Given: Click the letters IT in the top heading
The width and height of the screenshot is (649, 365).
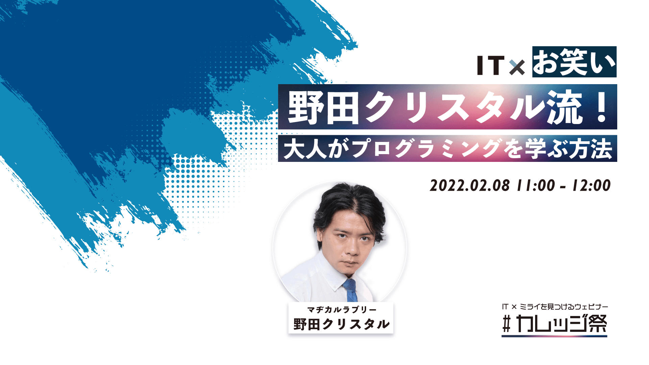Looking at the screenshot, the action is tap(490, 65).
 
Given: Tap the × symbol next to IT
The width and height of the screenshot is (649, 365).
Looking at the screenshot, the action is tap(517, 67).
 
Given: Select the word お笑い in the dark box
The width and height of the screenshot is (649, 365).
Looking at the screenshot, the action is tap(574, 62).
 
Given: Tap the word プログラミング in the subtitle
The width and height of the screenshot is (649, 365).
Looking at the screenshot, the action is tap(426, 148).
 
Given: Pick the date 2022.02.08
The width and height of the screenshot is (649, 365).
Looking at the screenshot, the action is tap(470, 186).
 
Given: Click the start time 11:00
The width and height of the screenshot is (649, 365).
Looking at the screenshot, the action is tap(536, 186).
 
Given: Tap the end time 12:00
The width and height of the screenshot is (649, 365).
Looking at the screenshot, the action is tap(591, 186).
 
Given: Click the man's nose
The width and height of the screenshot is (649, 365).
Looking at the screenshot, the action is tap(352, 248).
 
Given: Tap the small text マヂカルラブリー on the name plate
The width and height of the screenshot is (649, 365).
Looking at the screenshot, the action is tap(341, 310).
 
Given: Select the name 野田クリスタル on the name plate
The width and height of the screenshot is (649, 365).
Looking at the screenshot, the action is tap(341, 324).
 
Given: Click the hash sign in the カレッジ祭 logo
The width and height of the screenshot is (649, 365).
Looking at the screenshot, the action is tap(506, 324).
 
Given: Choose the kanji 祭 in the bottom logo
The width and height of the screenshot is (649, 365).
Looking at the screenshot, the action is tap(597, 323).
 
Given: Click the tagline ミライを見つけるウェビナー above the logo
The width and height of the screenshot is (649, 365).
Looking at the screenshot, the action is tap(563, 307).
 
